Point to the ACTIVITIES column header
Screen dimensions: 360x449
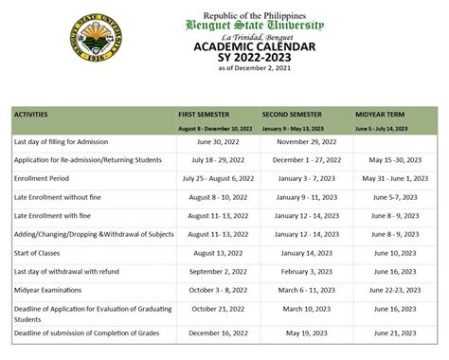[37, 114]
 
